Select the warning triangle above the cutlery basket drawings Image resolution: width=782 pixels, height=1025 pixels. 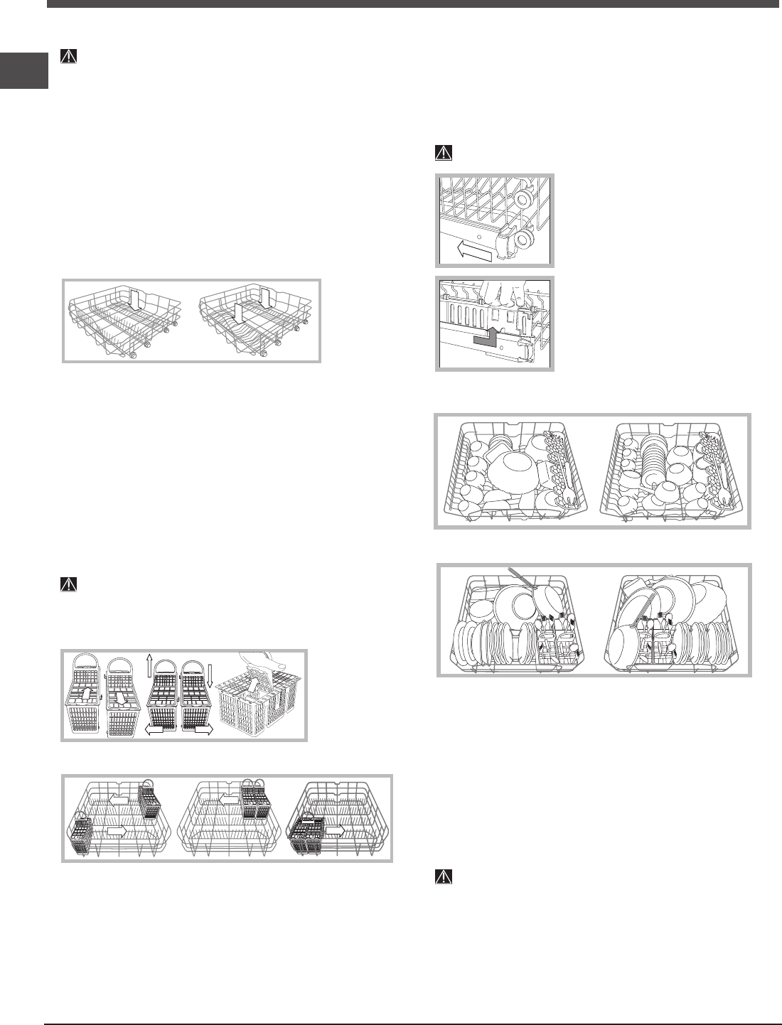(x=68, y=584)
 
